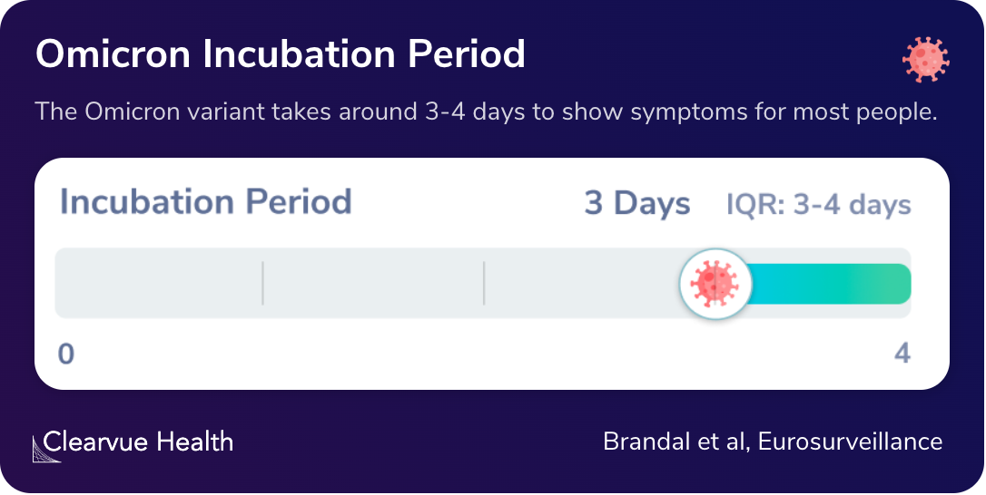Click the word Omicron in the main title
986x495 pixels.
(113, 54)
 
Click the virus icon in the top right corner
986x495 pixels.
(925, 60)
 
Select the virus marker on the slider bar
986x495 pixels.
(715, 283)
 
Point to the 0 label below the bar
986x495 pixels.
(65, 354)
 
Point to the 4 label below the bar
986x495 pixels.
(902, 354)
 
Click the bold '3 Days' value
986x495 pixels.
(636, 204)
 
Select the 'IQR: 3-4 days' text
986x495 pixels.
(818, 205)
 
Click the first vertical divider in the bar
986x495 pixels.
(262, 284)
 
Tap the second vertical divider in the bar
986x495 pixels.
(484, 284)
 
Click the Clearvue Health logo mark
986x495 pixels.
(46, 448)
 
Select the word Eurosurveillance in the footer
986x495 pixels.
(850, 442)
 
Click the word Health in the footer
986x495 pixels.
(194, 442)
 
